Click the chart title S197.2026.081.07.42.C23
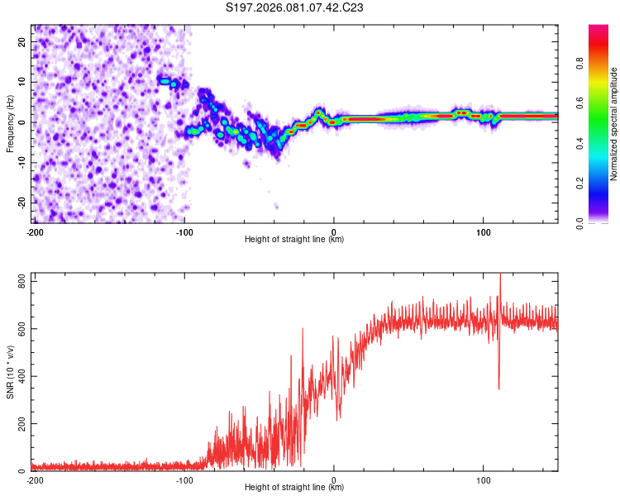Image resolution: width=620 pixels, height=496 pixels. click(295, 8)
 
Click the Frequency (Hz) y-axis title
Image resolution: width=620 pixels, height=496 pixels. click(10, 122)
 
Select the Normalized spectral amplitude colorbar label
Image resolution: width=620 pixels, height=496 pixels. click(614, 124)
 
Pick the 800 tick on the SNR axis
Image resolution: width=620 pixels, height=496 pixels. click(20, 283)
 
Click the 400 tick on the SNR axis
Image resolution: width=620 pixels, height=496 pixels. click(20, 377)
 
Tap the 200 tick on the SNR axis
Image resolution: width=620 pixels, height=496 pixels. click(20, 424)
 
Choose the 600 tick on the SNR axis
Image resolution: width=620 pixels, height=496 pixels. click(20, 330)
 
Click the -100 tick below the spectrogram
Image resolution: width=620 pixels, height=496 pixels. click(183, 231)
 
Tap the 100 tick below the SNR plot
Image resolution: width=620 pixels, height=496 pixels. click(484, 479)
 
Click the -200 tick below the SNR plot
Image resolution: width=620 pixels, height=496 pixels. click(34, 479)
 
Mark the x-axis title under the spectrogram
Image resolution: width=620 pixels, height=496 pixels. click(294, 240)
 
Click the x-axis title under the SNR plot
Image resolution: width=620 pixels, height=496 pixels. click(294, 488)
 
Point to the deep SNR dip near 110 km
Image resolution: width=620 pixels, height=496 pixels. click(498, 388)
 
